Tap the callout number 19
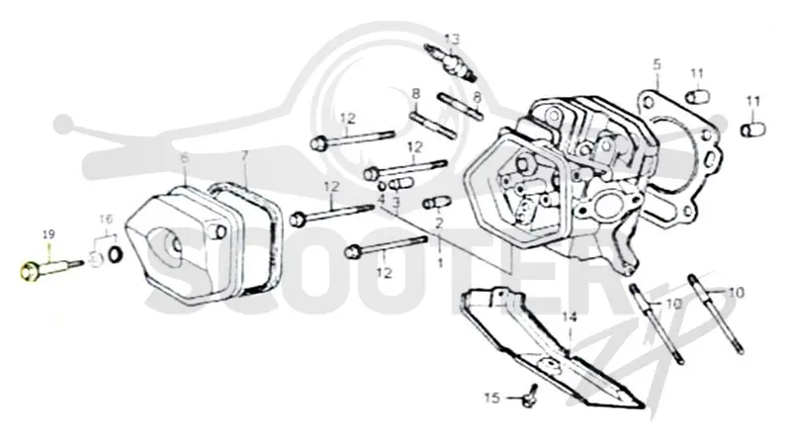tap(48, 234)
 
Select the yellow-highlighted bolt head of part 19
tap(29, 272)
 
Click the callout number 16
tap(106, 220)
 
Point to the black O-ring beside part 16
tap(116, 255)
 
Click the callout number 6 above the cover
tap(185, 158)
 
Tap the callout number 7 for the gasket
tap(244, 156)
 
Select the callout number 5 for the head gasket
tap(657, 64)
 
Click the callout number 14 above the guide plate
tap(570, 317)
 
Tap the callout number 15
tap(491, 398)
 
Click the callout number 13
tap(452, 39)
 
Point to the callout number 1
tap(440, 263)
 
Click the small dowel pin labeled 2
tap(436, 203)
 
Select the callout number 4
tap(382, 199)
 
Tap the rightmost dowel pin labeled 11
tap(753, 130)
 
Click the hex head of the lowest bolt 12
tap(353, 251)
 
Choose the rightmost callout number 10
tap(736, 292)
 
